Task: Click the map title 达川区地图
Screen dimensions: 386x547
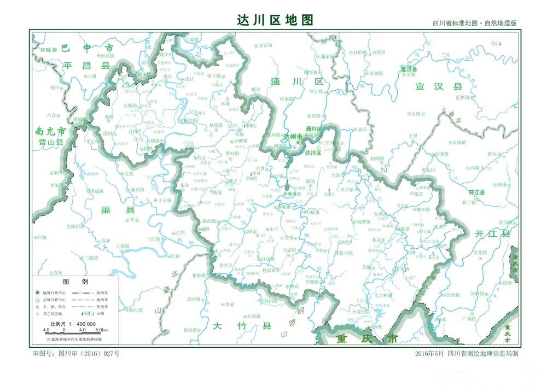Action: pos(275,20)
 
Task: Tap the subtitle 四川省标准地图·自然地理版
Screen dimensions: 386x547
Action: pos(474,24)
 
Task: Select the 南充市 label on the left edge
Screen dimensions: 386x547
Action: pos(50,132)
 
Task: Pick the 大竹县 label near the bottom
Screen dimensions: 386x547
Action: pos(242,326)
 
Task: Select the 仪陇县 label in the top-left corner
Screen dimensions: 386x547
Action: pos(48,49)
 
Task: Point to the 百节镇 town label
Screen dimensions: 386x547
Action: pos(288,238)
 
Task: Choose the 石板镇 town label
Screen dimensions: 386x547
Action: pos(312,212)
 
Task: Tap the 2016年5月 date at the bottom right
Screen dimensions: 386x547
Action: pos(429,354)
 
